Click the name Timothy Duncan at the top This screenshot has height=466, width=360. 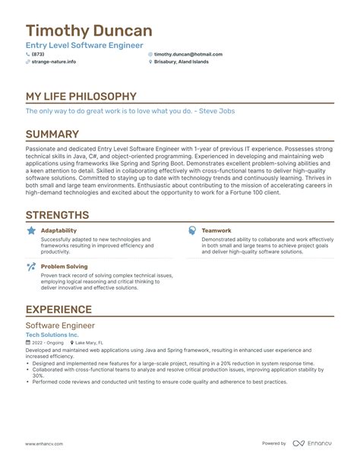pyautogui.click(x=89, y=31)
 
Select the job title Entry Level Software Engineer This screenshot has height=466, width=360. pyautogui.click(x=84, y=46)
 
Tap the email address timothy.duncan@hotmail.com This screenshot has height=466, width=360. pyautogui.click(x=188, y=55)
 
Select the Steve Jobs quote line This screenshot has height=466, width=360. pyautogui.click(x=130, y=111)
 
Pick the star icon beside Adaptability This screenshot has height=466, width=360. pyautogui.click(x=30, y=230)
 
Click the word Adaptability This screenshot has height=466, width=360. pyautogui.click(x=58, y=230)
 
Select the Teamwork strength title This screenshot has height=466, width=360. pyautogui.click(x=216, y=230)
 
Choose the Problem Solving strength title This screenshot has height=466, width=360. pyautogui.click(x=64, y=267)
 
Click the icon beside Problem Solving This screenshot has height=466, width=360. pyautogui.click(x=30, y=267)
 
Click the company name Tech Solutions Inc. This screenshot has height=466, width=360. pyautogui.click(x=52, y=334)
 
